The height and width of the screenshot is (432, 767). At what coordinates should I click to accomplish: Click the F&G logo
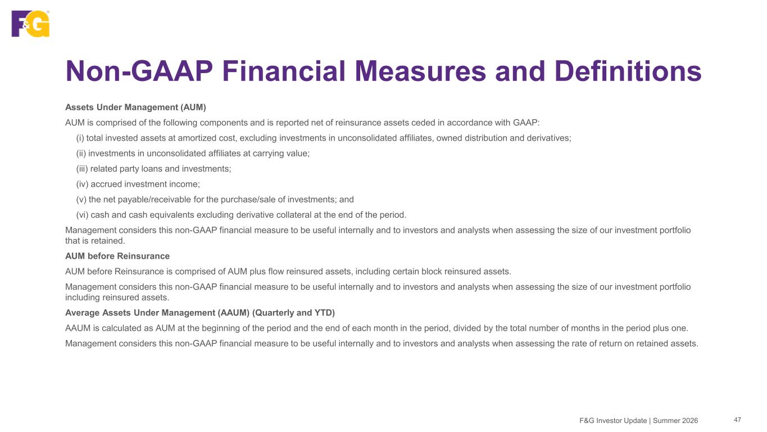coord(30,23)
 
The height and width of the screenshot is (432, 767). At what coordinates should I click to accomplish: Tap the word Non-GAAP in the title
coord(139,71)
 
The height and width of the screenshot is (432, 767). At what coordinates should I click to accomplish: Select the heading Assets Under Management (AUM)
coord(135,107)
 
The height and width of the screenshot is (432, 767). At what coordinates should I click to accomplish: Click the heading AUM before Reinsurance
coord(117,256)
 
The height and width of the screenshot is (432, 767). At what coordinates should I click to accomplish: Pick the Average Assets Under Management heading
coord(200,313)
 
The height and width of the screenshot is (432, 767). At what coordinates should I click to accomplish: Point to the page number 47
coord(737,420)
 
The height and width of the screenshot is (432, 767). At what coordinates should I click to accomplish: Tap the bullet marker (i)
coord(80,138)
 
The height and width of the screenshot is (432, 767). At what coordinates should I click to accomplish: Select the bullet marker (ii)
coord(81,154)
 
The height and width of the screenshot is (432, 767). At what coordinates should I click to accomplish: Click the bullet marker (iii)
coord(82,169)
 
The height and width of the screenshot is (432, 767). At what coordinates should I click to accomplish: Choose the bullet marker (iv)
coord(82,184)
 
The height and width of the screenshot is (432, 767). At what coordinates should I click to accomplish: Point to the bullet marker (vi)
coord(82,215)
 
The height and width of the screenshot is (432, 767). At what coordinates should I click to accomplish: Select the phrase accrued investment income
coord(145,184)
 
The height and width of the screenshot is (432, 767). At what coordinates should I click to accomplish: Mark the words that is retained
coord(95,241)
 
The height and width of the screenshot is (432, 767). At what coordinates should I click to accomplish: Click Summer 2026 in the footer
coord(675,421)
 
